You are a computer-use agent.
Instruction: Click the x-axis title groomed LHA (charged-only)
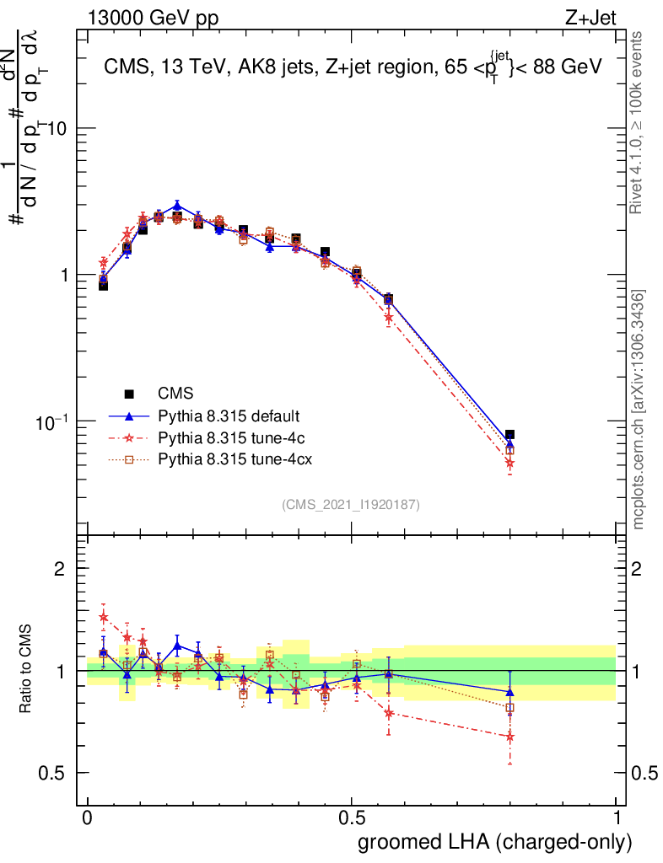pyautogui.click(x=495, y=842)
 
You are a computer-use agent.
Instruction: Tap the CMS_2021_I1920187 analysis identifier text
pyautogui.click(x=351, y=504)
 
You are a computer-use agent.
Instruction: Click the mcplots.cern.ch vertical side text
pyautogui.click(x=639, y=410)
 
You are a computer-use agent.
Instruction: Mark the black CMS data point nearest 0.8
pyautogui.click(x=509, y=435)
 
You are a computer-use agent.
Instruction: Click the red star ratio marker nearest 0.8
pyautogui.click(x=509, y=737)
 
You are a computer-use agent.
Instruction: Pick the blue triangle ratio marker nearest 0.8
pyautogui.click(x=509, y=692)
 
